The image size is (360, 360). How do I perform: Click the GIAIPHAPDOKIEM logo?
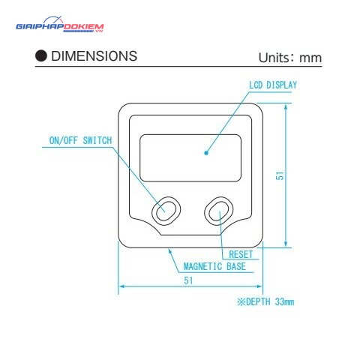pos(60,25)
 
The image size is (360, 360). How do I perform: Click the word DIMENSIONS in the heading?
pos(94,56)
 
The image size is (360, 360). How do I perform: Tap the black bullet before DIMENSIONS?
pos(41,55)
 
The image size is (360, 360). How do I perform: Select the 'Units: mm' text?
pos(290,58)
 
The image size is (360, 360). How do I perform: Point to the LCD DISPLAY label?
pos(273,85)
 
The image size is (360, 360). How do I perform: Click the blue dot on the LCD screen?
pos(206,153)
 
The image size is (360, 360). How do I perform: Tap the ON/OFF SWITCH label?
pos(80,140)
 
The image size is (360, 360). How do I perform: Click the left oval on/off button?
pos(166,211)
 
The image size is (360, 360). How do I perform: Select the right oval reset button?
pos(219,211)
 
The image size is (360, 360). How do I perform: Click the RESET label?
pos(241,254)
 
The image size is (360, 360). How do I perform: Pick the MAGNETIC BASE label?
pos(214,266)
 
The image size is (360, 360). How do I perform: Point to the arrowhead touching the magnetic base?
pos(169,250)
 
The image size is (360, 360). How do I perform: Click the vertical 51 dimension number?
pos(280,175)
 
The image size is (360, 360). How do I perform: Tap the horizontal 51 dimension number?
pos(188,280)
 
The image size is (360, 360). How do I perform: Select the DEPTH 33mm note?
pos(265,301)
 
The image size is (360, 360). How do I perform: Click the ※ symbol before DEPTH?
pos(241,301)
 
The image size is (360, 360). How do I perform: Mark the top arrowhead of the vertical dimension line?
pos(286,106)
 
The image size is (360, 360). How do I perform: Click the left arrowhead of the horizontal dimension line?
pos(121,286)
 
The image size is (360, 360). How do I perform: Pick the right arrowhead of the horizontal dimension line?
pos(259,286)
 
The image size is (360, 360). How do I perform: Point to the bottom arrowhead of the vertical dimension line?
pos(286,244)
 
